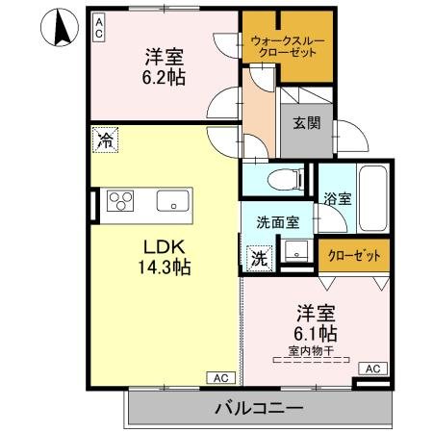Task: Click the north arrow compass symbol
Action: pyautogui.click(x=59, y=26)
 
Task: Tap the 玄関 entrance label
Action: pyautogui.click(x=307, y=123)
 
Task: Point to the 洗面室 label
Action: pyautogui.click(x=277, y=221)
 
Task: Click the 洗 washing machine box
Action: pyautogui.click(x=259, y=258)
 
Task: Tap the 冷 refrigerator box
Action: pyautogui.click(x=103, y=141)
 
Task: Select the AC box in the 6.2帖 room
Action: pyautogui.click(x=98, y=28)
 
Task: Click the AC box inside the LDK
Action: pyautogui.click(x=218, y=377)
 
